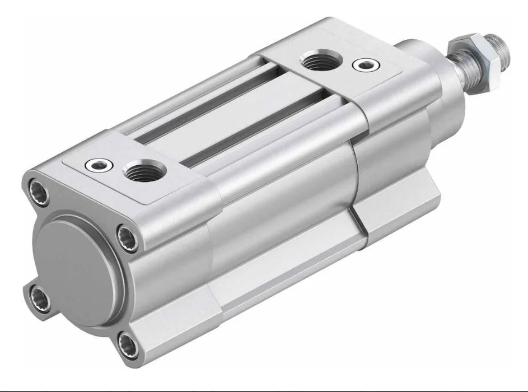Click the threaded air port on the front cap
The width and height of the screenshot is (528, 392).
tap(321, 60)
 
